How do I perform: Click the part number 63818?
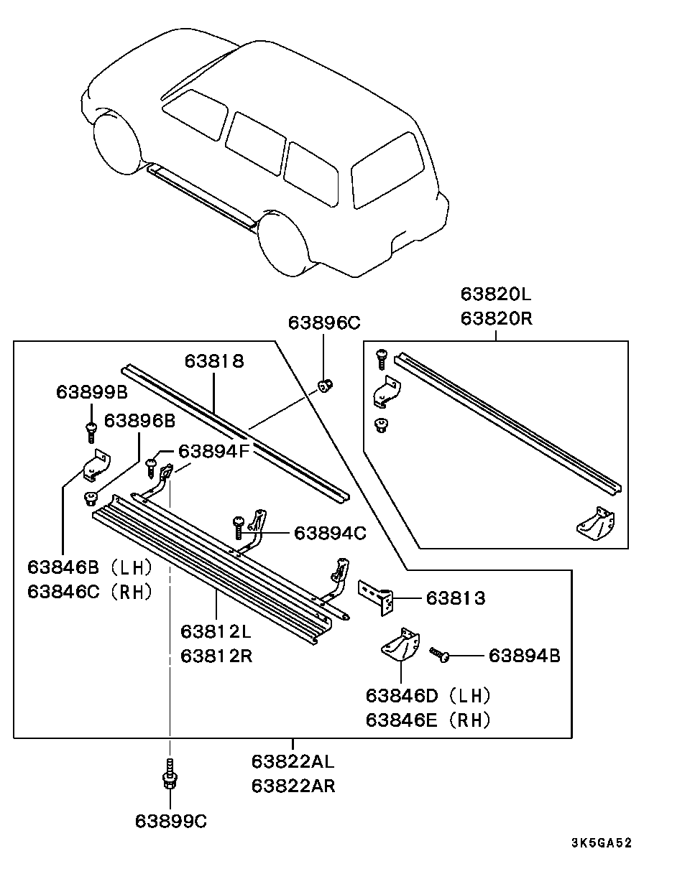(213, 361)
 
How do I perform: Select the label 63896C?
(323, 322)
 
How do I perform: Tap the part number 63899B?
(91, 391)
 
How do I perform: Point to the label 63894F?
(213, 451)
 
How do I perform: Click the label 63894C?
(330, 533)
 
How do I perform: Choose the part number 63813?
(455, 598)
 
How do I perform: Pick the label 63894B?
(524, 655)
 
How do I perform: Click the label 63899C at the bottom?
(170, 821)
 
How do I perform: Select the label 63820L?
(496, 294)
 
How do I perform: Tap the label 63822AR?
(293, 786)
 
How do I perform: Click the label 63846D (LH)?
(428, 695)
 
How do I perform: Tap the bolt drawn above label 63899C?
(170, 776)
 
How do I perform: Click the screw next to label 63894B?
(439, 654)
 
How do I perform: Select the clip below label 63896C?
(326, 386)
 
